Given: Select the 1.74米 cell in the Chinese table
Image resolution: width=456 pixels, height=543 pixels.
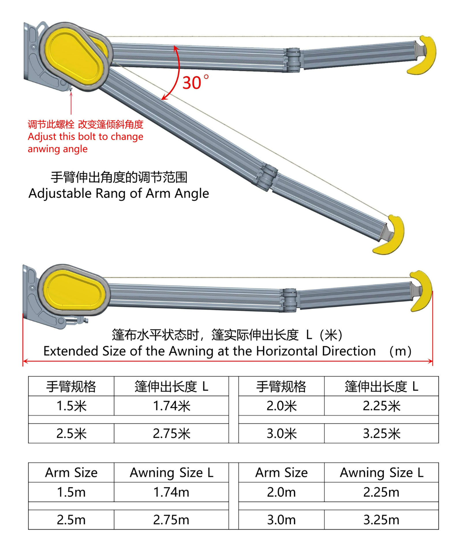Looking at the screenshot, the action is (x=171, y=406).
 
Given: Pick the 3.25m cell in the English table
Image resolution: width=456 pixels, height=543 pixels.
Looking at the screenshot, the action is (x=381, y=520).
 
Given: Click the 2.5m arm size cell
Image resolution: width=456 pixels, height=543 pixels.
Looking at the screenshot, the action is (x=71, y=520).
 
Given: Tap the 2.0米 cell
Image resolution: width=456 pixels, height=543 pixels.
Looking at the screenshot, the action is (x=281, y=406).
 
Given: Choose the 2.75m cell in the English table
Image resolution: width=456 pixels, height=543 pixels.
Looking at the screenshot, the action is (x=171, y=520).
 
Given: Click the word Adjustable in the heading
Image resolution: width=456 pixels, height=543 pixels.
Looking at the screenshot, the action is (x=60, y=194).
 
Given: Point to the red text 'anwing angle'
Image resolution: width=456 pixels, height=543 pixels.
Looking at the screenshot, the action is (x=57, y=149).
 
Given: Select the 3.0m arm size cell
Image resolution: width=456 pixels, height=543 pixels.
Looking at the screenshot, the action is (x=281, y=520).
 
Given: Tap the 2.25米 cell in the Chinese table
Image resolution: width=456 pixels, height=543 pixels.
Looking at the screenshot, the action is (x=381, y=406).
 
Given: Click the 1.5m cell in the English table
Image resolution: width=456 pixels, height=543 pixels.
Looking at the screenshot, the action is (x=71, y=492).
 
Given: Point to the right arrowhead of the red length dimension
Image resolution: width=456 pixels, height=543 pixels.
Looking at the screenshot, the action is (x=430, y=361).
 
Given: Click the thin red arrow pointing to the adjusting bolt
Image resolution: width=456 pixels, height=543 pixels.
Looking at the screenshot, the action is (x=71, y=102).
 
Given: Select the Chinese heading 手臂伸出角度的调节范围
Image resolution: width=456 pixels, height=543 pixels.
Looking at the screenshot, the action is (x=119, y=177).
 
